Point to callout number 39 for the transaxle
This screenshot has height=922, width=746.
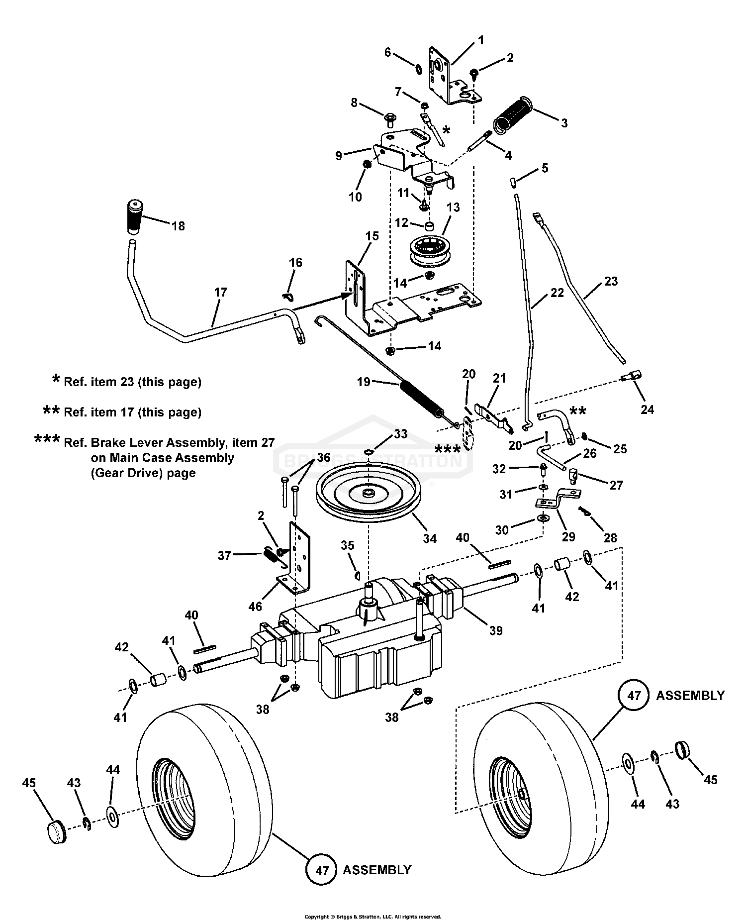pyautogui.click(x=495, y=630)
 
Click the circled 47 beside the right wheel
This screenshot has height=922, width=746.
pyautogui.click(x=634, y=695)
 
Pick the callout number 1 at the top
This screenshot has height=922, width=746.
pyautogui.click(x=480, y=39)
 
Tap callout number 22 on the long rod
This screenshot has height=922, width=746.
pyautogui.click(x=557, y=293)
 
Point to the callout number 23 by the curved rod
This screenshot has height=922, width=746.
pyautogui.click(x=610, y=281)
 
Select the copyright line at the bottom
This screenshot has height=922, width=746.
pyautogui.click(x=373, y=916)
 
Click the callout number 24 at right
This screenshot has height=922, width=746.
pyautogui.click(x=647, y=410)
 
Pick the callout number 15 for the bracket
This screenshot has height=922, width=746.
pyautogui.click(x=372, y=236)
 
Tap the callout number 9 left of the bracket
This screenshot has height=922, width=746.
pyautogui.click(x=339, y=156)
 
